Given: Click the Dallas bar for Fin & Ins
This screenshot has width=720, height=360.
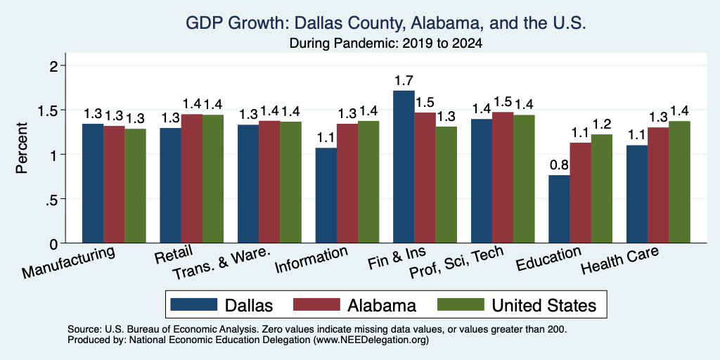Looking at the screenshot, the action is coord(404,167).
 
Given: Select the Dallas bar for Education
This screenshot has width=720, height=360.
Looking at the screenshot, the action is coord(559,209).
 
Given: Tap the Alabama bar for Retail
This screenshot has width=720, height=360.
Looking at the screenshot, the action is coord(191,179).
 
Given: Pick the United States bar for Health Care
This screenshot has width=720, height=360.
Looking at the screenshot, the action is coord(680,182).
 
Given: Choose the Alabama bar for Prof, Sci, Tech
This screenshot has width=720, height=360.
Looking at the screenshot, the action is coord(503,177).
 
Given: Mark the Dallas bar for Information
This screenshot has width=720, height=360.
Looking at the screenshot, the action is coord(326,195).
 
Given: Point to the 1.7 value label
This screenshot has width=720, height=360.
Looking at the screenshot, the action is coord(404,81).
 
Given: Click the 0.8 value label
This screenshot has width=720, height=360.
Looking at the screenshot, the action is coord(559,165).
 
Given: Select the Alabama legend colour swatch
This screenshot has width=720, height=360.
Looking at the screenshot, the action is coord(316,304).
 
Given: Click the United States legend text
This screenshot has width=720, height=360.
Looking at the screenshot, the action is coord(544,305).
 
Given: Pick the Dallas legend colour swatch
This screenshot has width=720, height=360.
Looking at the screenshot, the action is coord(193,304).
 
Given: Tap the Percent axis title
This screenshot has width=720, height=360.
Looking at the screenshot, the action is coord(22,148).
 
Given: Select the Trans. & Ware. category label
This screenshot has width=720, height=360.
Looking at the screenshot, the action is coord(221,264).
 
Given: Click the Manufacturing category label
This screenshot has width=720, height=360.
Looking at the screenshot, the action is coord(68,262).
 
